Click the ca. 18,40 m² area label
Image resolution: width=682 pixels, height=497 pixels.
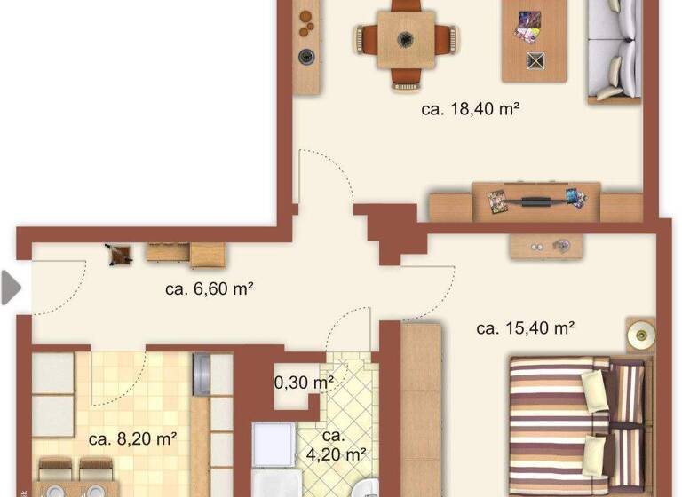469,110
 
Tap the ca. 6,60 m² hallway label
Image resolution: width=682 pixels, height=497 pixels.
210,288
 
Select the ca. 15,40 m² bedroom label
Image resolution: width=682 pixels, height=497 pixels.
525,328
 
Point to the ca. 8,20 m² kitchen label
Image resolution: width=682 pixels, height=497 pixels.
133,438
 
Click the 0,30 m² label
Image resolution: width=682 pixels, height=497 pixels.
304,383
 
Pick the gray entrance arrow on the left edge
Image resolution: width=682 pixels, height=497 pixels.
11,288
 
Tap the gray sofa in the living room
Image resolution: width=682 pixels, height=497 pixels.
615,50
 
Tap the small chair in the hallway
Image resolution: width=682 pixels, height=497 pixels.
118,255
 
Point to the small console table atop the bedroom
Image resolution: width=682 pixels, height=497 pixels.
541,246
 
